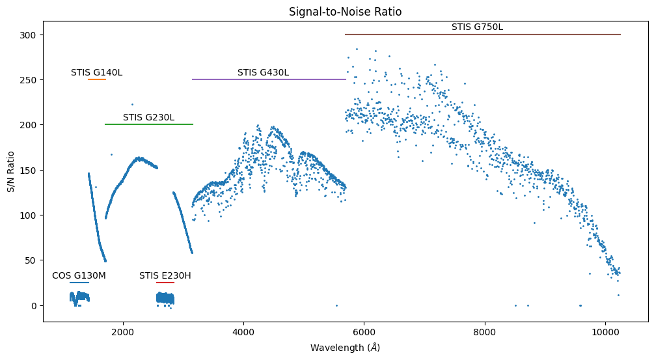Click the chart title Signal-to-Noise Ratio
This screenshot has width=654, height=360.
(x=345, y=12)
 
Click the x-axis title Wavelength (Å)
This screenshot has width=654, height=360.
(x=345, y=348)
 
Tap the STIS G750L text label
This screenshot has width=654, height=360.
(x=477, y=27)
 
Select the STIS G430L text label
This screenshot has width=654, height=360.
(x=263, y=72)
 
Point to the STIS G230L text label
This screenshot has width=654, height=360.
(x=148, y=117)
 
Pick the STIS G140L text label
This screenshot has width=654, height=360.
(x=96, y=72)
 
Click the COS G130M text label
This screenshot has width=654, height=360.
(x=79, y=275)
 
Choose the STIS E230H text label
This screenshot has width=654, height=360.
(x=165, y=275)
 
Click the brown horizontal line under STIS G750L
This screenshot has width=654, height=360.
(x=482, y=35)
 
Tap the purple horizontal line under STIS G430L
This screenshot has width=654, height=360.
(x=269, y=79)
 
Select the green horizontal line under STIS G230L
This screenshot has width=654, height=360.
(x=148, y=124)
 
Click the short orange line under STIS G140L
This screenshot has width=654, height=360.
(x=96, y=79)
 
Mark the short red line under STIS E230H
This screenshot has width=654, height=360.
(x=165, y=283)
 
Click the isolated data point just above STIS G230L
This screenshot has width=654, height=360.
(x=132, y=104)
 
